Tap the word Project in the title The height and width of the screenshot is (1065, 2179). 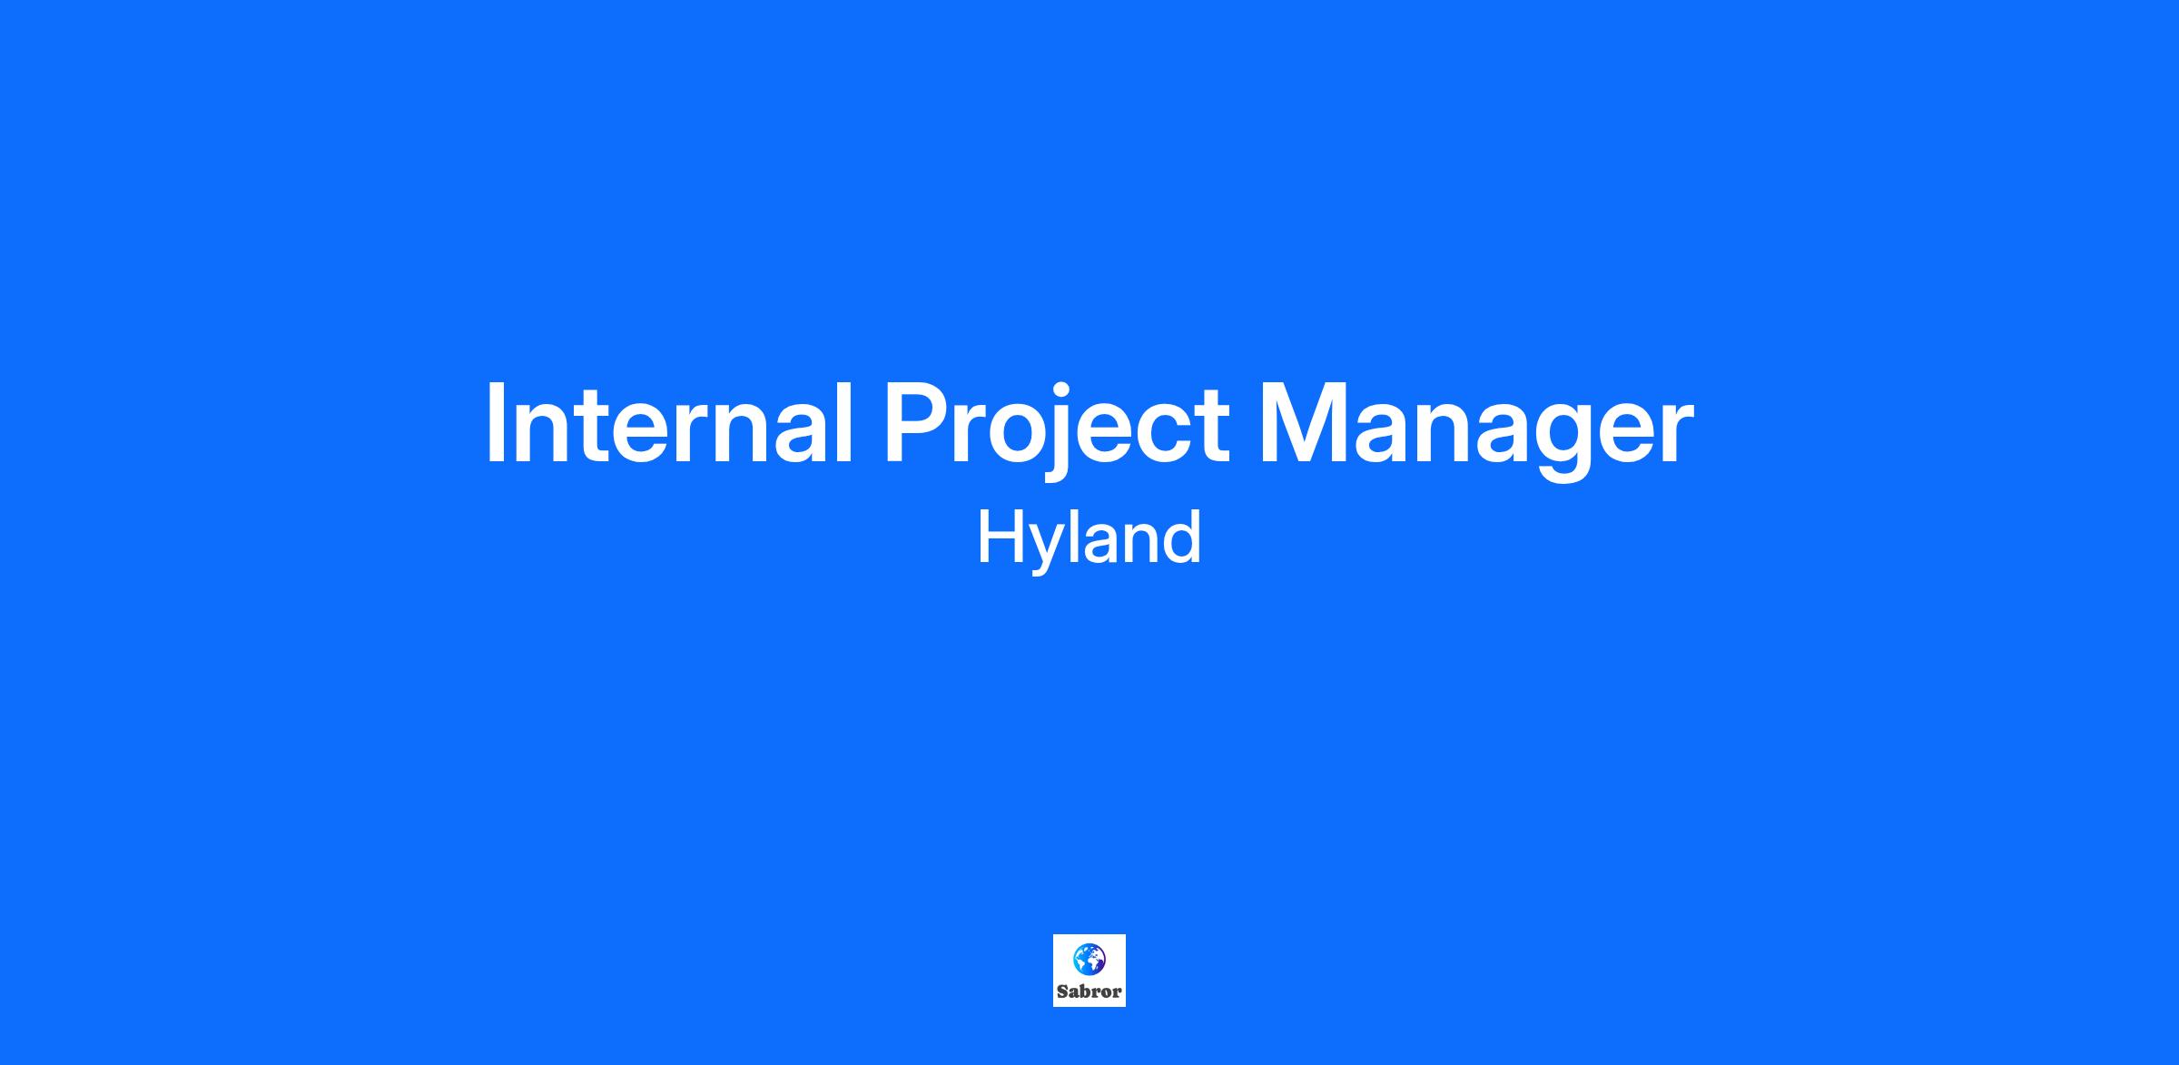[x=1057, y=430]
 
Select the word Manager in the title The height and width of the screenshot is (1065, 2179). [x=1476, y=430]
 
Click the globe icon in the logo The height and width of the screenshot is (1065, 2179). [x=1089, y=959]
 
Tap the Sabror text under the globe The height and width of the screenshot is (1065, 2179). [x=1089, y=991]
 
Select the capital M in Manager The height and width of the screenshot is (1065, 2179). [x=1303, y=424]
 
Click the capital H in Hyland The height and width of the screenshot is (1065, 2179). [x=999, y=538]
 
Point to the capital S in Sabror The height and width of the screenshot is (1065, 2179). [x=1062, y=991]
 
